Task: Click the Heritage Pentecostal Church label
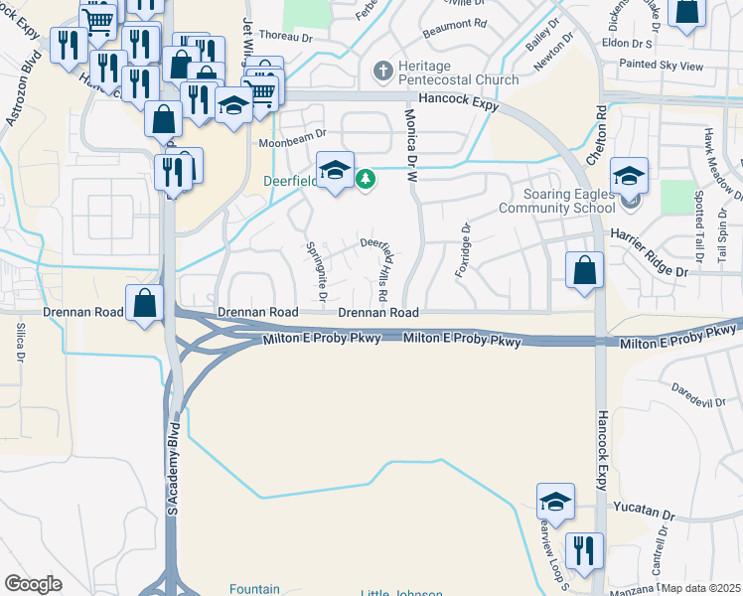(x=456, y=79)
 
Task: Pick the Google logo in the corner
(x=33, y=584)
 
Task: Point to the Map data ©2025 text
(x=700, y=588)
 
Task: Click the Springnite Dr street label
(x=318, y=273)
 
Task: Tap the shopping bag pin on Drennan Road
(x=145, y=302)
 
